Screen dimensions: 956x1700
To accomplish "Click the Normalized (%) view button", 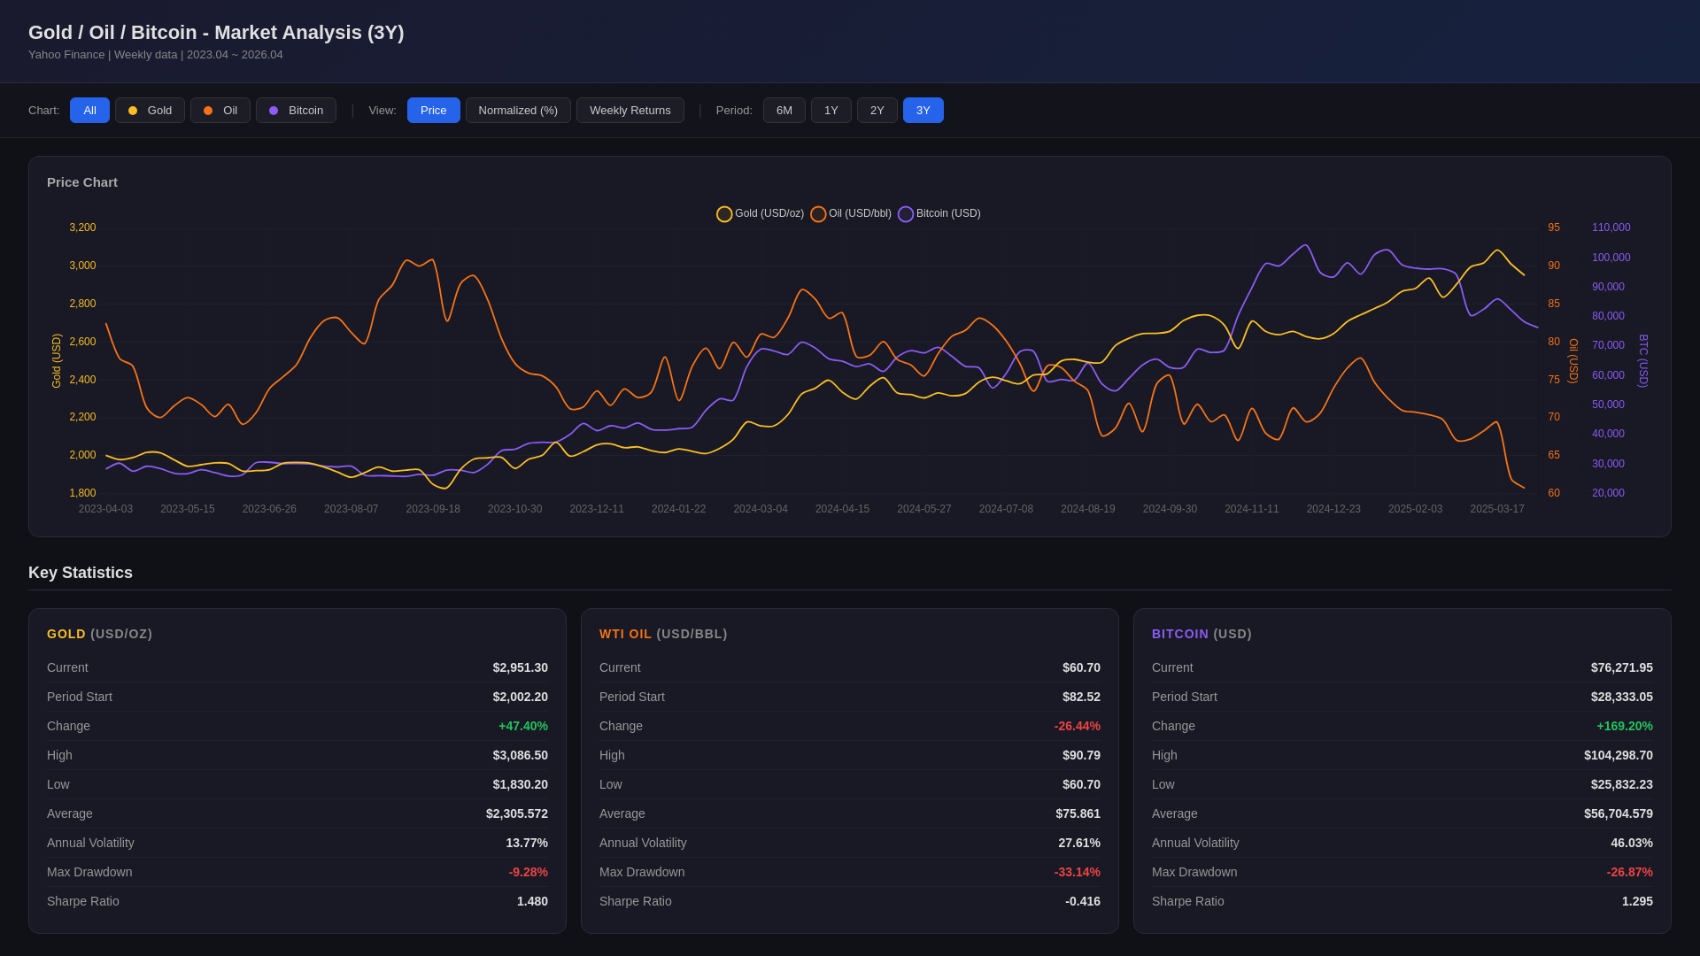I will tap(518, 111).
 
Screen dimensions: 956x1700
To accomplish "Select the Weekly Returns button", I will tap(630, 111).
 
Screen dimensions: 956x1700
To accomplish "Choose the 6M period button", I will tap(784, 111).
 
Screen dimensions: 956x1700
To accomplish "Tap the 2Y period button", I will tap(877, 111).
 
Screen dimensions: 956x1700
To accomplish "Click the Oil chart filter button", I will tap(220, 111).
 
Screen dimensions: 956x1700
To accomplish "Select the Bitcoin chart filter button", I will tap(297, 111).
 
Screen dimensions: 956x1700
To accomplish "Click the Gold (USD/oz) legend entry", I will tap(761, 214).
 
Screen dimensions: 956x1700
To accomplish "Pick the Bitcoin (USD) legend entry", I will tap(939, 214).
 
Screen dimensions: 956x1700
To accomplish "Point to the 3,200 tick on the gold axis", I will tap(82, 227).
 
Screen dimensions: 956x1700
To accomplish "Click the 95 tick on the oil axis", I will tap(1554, 227).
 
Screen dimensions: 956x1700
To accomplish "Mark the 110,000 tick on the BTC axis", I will tap(1611, 227).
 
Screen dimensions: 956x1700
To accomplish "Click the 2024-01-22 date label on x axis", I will tap(678, 509).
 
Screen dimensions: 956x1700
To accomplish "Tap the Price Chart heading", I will tap(82, 182).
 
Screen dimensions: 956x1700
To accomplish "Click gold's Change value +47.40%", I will tap(522, 726).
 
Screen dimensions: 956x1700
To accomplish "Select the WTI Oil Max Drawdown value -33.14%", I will tap(1077, 872).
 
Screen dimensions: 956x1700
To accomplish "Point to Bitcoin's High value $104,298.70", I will tap(1618, 755).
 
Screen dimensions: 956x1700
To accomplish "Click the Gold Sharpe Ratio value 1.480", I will tap(532, 901).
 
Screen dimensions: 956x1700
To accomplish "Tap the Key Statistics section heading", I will tap(81, 573).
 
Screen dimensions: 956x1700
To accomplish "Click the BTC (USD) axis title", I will tap(1643, 360).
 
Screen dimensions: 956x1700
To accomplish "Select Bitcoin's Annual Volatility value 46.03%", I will tap(1631, 843).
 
